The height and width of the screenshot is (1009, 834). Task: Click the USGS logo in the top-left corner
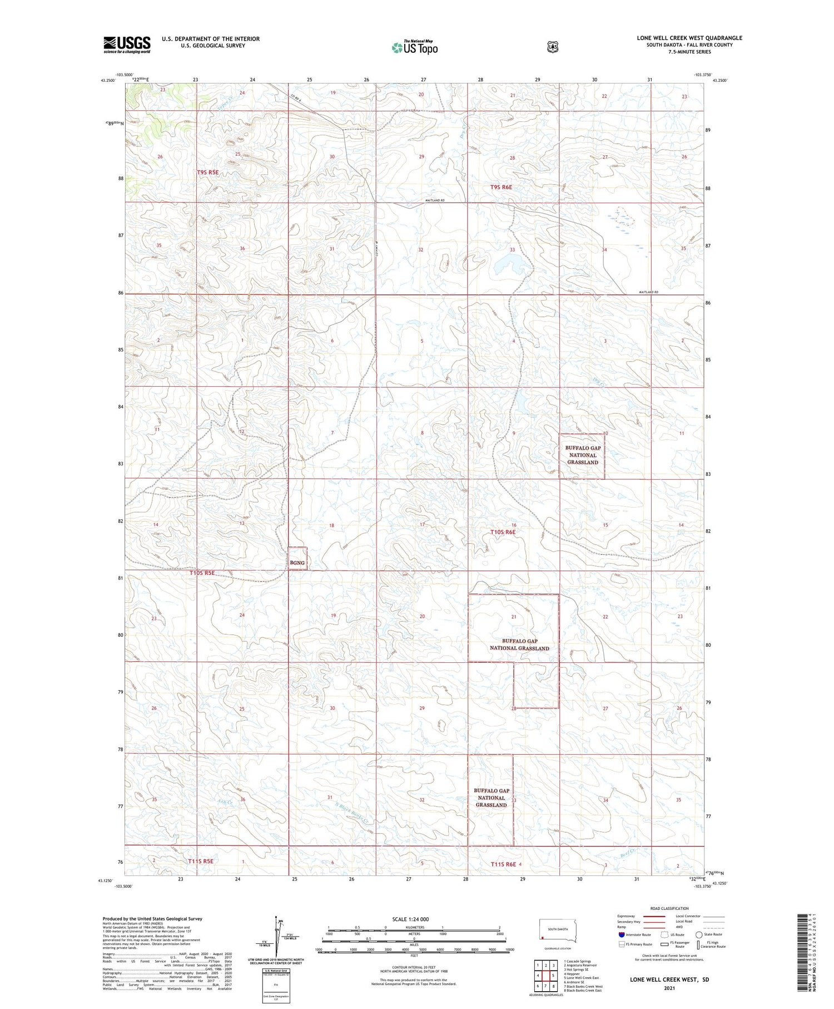[x=127, y=45]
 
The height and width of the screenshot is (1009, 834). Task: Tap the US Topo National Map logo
[x=415, y=47]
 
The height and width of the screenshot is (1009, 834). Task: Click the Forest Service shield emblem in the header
[x=552, y=47]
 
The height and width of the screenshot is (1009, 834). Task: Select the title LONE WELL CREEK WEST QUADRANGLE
[x=689, y=38]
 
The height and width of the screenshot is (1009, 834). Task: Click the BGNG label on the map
[x=297, y=563]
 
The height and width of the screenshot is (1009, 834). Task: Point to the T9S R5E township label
[x=207, y=173]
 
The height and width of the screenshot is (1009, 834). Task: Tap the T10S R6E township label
[x=503, y=532]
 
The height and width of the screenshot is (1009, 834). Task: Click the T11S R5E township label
[x=200, y=862]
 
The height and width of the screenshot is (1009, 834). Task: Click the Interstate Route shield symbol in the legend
[x=621, y=934]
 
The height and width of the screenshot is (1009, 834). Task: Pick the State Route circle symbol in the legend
[x=699, y=934]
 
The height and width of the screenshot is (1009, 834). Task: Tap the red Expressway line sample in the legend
[x=654, y=917]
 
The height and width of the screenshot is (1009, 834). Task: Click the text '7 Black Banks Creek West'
[x=583, y=986]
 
